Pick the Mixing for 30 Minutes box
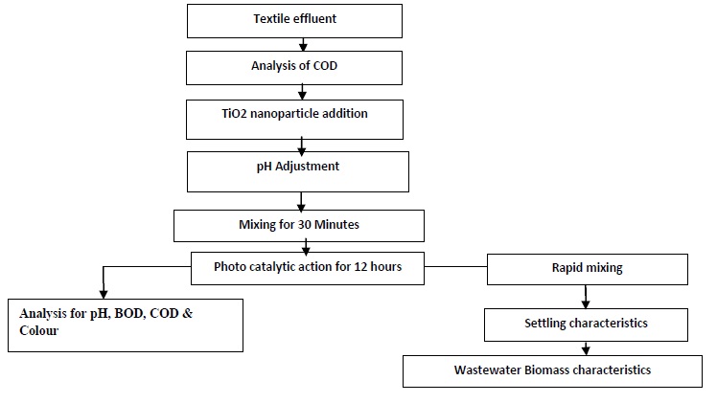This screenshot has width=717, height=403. tap(298, 225)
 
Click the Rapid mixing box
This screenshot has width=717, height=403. tap(587, 268)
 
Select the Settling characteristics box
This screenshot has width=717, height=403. tap(586, 324)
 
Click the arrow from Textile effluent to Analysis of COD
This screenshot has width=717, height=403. tap(303, 44)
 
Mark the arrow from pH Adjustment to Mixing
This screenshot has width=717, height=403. tap(301, 201)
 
